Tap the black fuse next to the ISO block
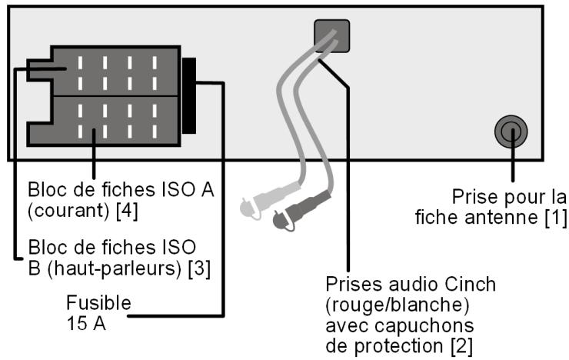pyautogui.click(x=189, y=94)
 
